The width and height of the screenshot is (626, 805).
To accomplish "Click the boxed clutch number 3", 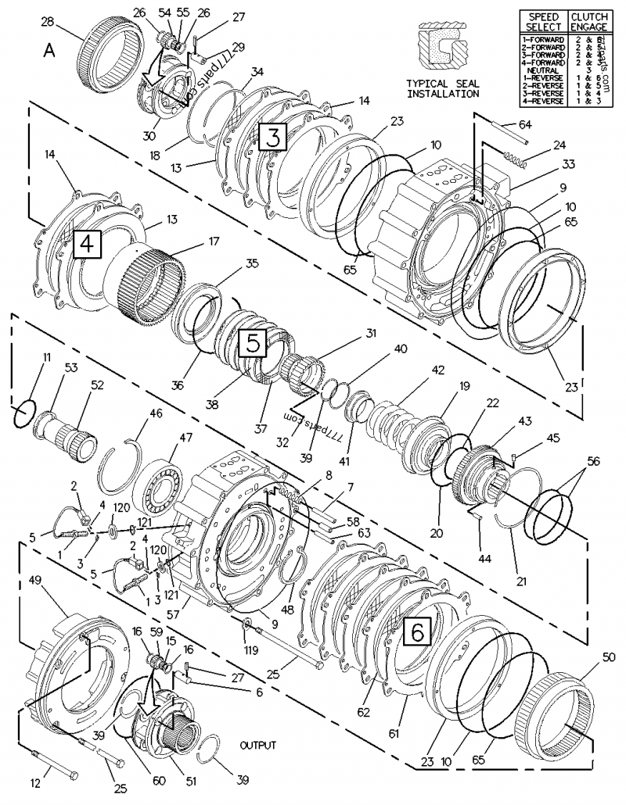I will pos(272,138).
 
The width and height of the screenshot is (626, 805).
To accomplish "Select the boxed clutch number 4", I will pos(88,245).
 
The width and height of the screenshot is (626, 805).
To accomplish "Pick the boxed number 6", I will pos(418,632).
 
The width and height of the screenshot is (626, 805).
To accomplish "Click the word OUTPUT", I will pos(257,745).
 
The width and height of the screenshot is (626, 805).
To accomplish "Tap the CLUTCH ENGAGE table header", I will pos(588,21).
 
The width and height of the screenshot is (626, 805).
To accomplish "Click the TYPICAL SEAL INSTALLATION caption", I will pos(443,88).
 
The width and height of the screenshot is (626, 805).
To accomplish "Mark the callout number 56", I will pos(593,461).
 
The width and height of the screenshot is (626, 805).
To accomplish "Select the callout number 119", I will pos(250,649).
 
